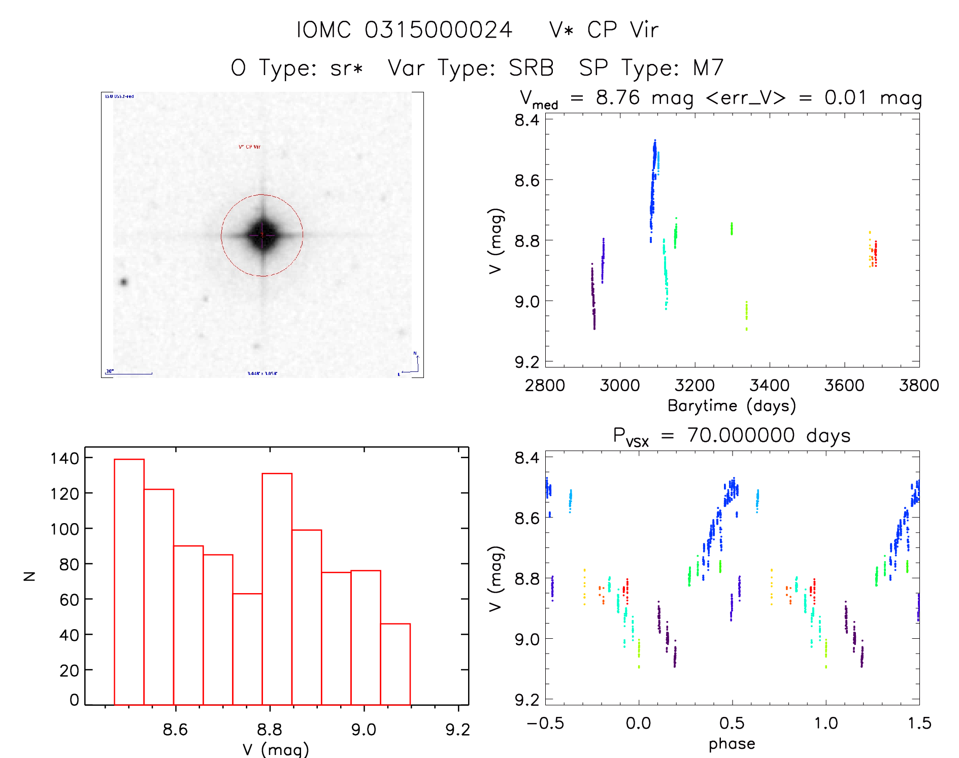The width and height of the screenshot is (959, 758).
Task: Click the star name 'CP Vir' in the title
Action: pyautogui.click(x=623, y=30)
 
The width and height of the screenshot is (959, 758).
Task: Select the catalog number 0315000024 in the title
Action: pyautogui.click(x=438, y=30)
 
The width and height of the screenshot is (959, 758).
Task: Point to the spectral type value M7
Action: pyautogui.click(x=708, y=68)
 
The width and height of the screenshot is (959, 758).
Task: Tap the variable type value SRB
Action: pyautogui.click(x=531, y=68)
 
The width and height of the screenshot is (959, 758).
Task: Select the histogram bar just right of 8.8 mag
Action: pyautogui.click(x=277, y=589)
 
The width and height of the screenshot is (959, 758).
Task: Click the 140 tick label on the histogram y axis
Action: pyautogui.click(x=64, y=459)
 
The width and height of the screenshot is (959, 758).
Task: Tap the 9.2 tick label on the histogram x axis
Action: pyautogui.click(x=457, y=730)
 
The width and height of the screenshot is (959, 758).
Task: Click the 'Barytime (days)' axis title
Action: pyautogui.click(x=732, y=406)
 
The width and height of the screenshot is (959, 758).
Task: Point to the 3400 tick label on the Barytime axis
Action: pyautogui.click(x=769, y=386)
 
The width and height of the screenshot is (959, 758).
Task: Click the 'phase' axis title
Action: pyautogui.click(x=732, y=744)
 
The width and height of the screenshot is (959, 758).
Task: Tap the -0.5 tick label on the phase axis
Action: pyautogui.click(x=545, y=723)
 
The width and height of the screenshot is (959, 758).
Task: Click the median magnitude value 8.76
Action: pyautogui.click(x=617, y=97)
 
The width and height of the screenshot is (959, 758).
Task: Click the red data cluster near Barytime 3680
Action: pyautogui.click(x=875, y=254)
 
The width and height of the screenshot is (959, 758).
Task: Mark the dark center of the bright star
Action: pyautogui.click(x=262, y=235)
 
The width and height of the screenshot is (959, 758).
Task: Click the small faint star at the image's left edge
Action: pyautogui.click(x=123, y=282)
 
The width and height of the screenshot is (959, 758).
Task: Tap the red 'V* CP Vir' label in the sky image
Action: pyautogui.click(x=249, y=147)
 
